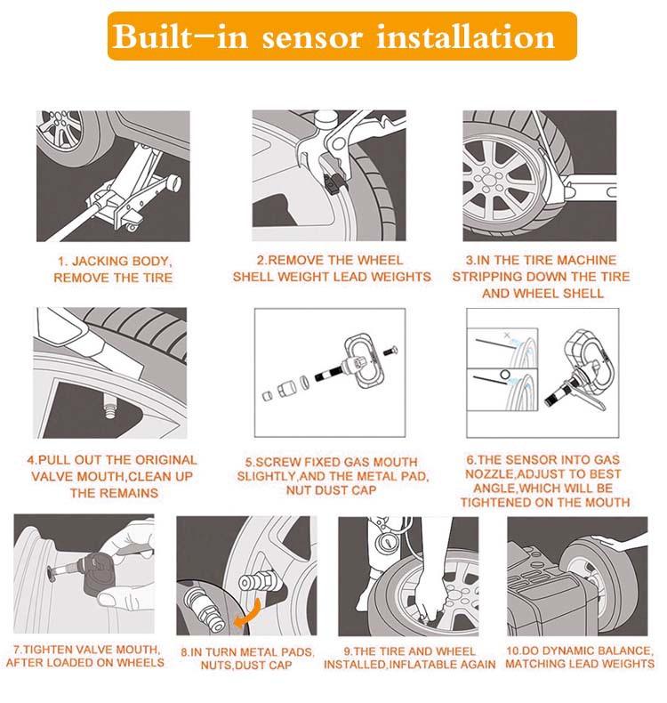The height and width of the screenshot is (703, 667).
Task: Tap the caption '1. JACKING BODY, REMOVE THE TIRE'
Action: (113, 270)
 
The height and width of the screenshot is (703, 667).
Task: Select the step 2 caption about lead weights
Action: (331, 269)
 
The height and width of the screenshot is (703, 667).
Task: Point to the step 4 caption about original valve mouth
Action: (113, 476)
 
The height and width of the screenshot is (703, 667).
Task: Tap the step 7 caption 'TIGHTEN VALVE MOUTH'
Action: (85, 655)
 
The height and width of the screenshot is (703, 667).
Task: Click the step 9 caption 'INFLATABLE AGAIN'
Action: (409, 658)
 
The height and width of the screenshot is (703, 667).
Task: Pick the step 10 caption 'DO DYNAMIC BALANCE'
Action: (579, 657)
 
